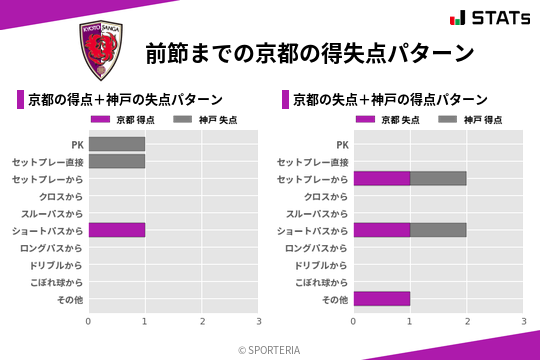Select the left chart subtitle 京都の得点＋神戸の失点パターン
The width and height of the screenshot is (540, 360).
pos(125,99)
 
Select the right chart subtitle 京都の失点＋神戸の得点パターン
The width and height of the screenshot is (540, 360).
pos(390,99)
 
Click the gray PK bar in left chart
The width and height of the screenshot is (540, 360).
pos(117,144)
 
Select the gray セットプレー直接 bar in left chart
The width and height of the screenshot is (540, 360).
pos(117,161)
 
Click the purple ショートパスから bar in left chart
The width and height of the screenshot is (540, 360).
pos(117,230)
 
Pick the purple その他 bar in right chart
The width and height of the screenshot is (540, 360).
pos(382,298)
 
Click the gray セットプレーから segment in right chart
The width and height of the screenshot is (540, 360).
pos(438,178)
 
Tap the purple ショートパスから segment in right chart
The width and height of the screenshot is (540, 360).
pos(382,230)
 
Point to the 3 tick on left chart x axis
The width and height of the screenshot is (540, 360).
pos(259,320)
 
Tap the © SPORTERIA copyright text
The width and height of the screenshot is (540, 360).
pos(270,349)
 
